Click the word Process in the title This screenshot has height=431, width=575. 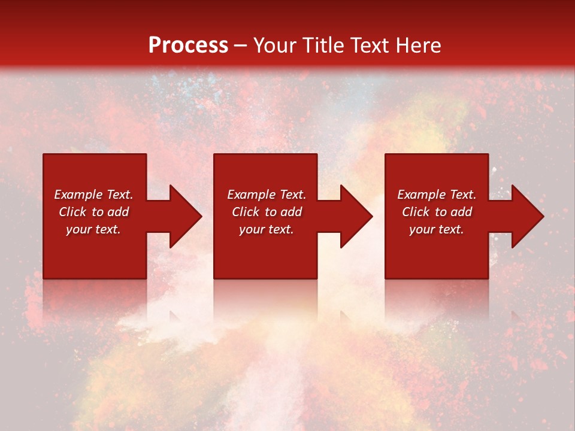pyautogui.click(x=188, y=45)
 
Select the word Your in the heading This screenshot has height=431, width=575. pyautogui.click(x=276, y=45)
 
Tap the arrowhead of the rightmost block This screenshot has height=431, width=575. pyautogui.click(x=526, y=216)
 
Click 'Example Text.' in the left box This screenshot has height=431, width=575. pyautogui.click(x=93, y=195)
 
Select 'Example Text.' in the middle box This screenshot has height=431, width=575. pyautogui.click(x=267, y=195)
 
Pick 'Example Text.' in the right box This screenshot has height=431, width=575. pyautogui.click(x=437, y=195)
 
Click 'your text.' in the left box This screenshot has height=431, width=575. pyautogui.click(x=93, y=229)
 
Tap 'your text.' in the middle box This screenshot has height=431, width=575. pyautogui.click(x=267, y=229)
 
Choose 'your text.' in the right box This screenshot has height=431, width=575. pyautogui.click(x=437, y=229)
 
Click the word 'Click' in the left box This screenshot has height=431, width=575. pyautogui.click(x=72, y=212)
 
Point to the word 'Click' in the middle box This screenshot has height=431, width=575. pyautogui.click(x=246, y=212)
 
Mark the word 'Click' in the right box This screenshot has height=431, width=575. pyautogui.click(x=416, y=212)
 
